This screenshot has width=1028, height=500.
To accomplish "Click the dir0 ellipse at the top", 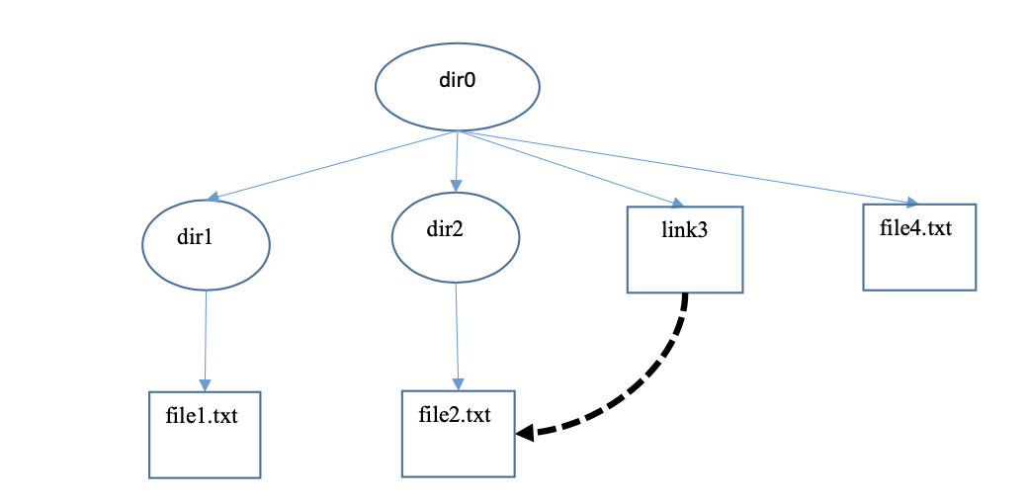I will click(x=457, y=87).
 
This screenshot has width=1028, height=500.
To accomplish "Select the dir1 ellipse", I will click(x=206, y=244).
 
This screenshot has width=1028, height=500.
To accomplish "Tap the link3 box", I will click(x=684, y=250).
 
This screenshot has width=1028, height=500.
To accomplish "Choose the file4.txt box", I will click(x=919, y=247).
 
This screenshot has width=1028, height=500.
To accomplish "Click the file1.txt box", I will click(x=205, y=434).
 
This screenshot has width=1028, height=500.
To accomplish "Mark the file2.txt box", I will click(x=458, y=433).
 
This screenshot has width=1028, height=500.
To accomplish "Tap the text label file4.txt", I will click(x=915, y=228).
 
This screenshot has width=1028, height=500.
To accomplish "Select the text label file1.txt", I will click(x=202, y=415).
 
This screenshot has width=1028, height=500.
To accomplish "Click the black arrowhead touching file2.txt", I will click(x=525, y=432).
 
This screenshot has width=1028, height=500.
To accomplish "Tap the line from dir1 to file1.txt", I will click(x=206, y=336).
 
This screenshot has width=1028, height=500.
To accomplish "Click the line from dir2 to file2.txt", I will click(x=457, y=331).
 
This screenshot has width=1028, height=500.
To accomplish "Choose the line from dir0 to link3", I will click(x=563, y=168).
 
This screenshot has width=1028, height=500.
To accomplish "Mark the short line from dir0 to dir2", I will click(x=456, y=158).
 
